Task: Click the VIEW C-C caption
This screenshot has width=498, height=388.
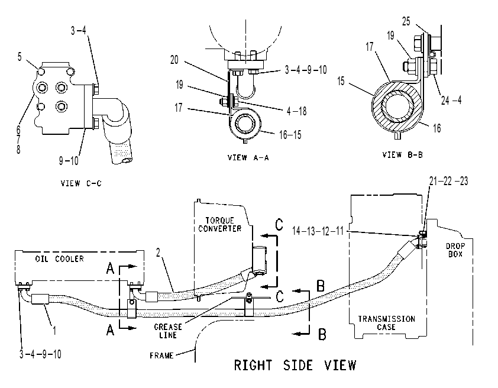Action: (81, 183)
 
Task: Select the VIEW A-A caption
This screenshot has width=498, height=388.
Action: (248, 157)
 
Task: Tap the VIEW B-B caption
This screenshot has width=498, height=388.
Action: (402, 154)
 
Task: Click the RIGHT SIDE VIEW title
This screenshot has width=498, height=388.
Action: (295, 365)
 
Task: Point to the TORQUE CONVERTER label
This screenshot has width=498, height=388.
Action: (220, 225)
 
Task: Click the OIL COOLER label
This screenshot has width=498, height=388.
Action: (59, 259)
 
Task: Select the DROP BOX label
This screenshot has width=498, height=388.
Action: (455, 250)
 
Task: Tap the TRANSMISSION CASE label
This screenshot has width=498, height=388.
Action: (387, 323)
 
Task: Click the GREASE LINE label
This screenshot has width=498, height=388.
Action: (168, 331)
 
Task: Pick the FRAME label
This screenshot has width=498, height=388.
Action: (161, 355)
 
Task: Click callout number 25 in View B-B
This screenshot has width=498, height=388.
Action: (406, 21)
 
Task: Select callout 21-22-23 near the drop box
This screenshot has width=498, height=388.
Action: (448, 181)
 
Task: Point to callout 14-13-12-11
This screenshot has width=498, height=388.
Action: (318, 231)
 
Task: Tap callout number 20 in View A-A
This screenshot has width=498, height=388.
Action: (174, 60)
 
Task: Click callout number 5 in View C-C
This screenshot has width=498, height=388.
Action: (20, 57)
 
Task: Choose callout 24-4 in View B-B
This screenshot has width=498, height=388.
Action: (451, 101)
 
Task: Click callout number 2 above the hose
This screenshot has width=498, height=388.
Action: (158, 253)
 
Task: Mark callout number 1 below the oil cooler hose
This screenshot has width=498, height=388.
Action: (54, 331)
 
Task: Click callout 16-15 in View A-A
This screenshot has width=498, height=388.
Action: (290, 135)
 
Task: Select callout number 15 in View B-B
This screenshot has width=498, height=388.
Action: (341, 81)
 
